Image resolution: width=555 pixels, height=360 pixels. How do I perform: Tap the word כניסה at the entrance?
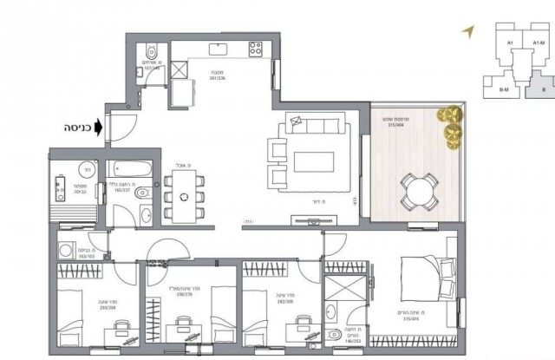point(77,127)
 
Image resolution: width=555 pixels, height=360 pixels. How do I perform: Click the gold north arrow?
point(468,31)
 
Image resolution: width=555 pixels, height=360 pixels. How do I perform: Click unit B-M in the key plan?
point(501,88)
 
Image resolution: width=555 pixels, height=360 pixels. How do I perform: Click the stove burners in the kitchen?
point(256,49)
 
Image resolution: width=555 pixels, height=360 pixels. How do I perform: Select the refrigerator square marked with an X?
point(183,70)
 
